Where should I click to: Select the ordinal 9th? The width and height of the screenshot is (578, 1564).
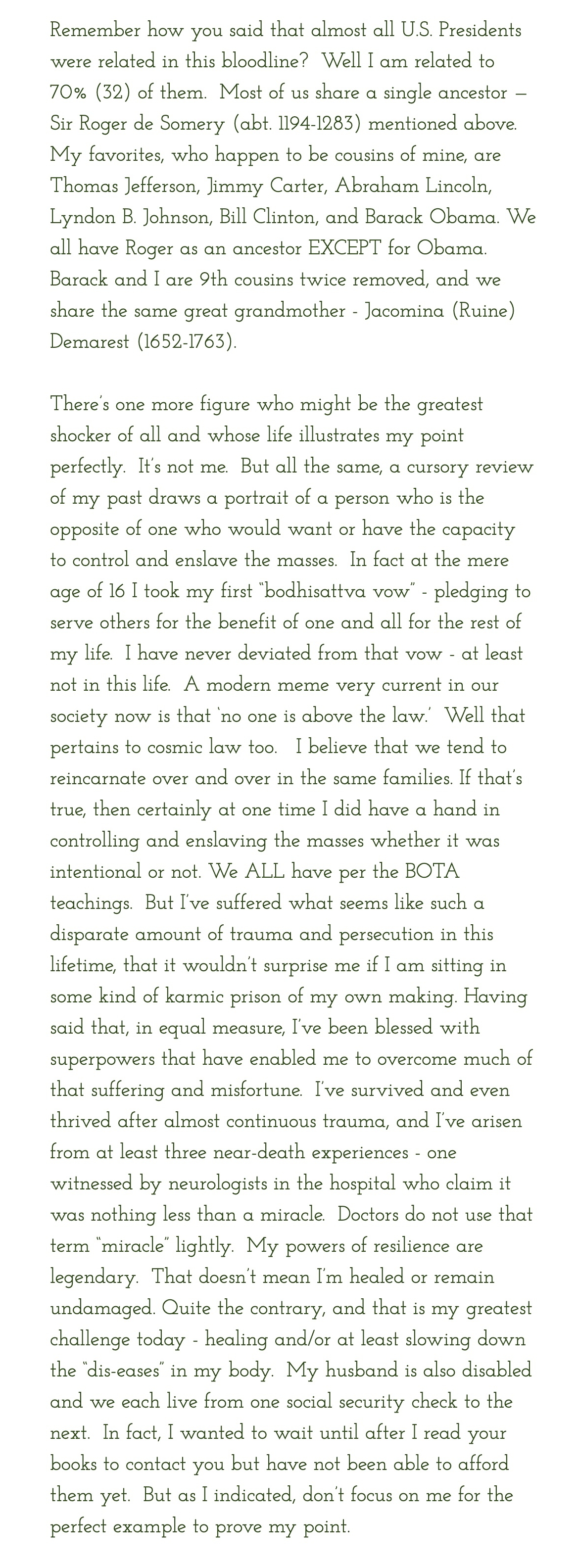214,280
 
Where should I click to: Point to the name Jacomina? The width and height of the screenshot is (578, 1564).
405,311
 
